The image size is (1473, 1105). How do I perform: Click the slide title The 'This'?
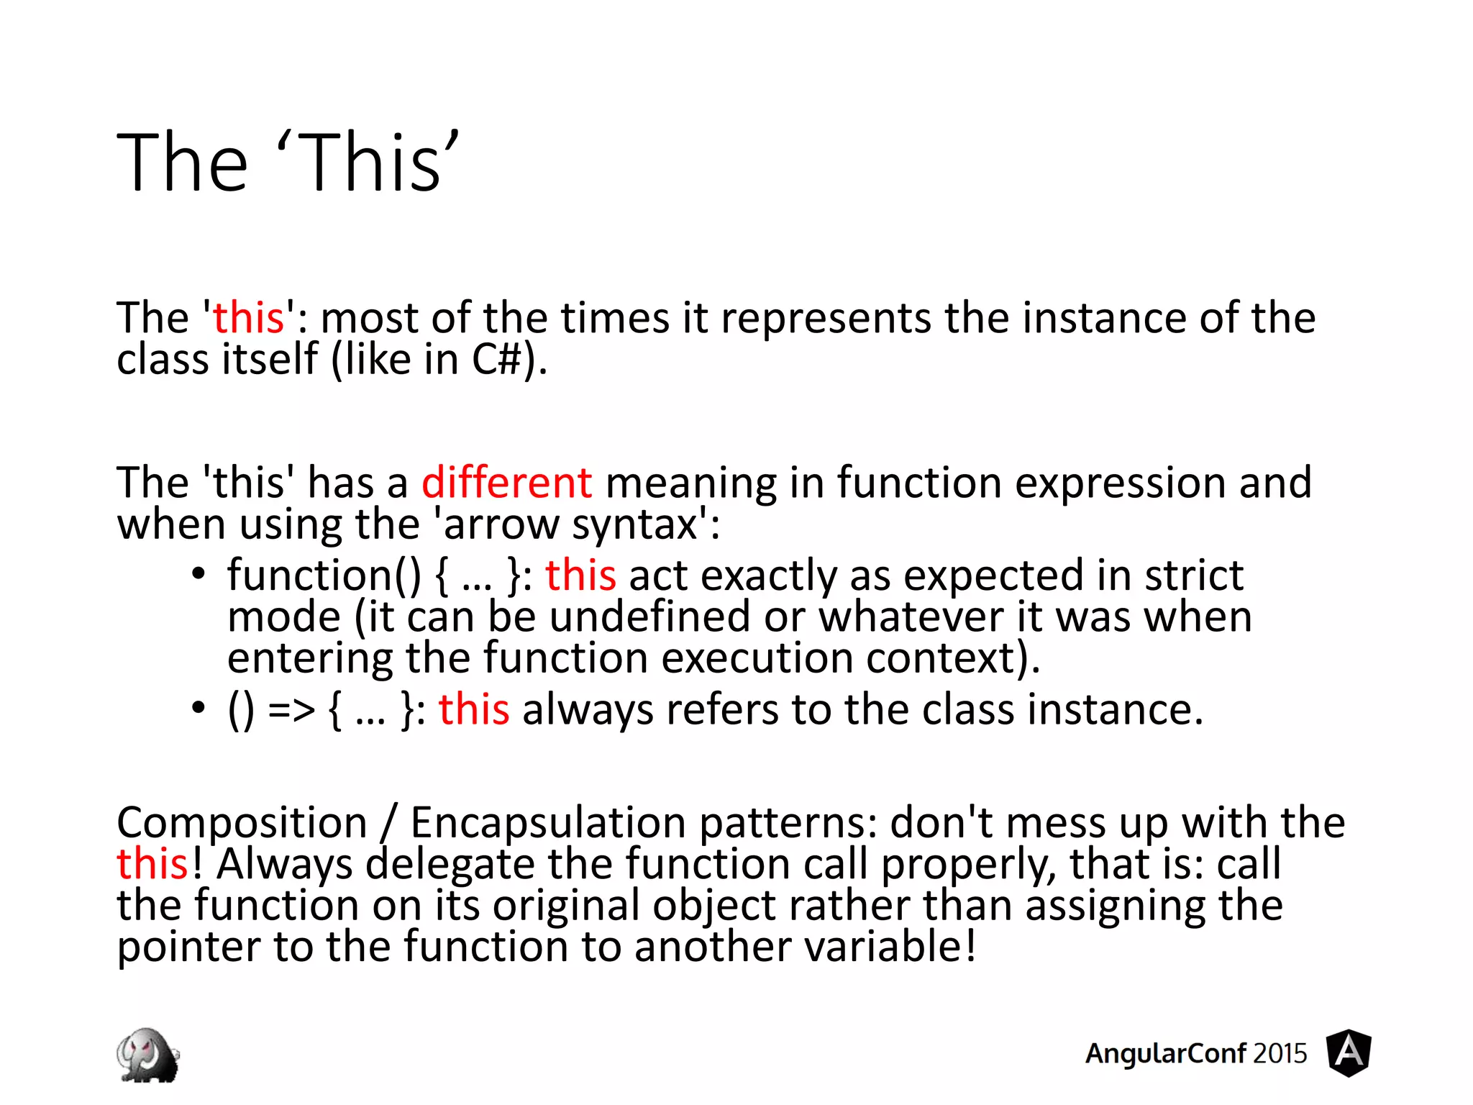pyautogui.click(x=288, y=163)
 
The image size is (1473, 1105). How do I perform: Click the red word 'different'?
pyautogui.click(x=506, y=482)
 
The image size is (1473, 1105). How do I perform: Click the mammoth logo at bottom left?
pyautogui.click(x=147, y=1055)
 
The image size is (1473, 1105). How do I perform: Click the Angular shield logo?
pyautogui.click(x=1349, y=1052)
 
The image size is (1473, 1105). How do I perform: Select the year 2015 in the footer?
pyautogui.click(x=1280, y=1053)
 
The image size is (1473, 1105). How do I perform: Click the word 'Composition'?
pyautogui.click(x=242, y=822)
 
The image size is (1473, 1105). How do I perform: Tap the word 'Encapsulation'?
pyautogui.click(x=548, y=822)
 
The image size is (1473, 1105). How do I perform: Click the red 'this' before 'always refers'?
pyautogui.click(x=474, y=709)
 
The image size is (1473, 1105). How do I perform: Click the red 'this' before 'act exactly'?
pyautogui.click(x=580, y=576)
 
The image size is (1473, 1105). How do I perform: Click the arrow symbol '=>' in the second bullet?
pyautogui.click(x=291, y=710)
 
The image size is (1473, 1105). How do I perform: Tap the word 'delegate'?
pyautogui.click(x=450, y=864)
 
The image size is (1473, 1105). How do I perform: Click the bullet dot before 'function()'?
pyautogui.click(x=199, y=574)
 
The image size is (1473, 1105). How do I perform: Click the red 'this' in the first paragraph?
pyautogui.click(x=248, y=318)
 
